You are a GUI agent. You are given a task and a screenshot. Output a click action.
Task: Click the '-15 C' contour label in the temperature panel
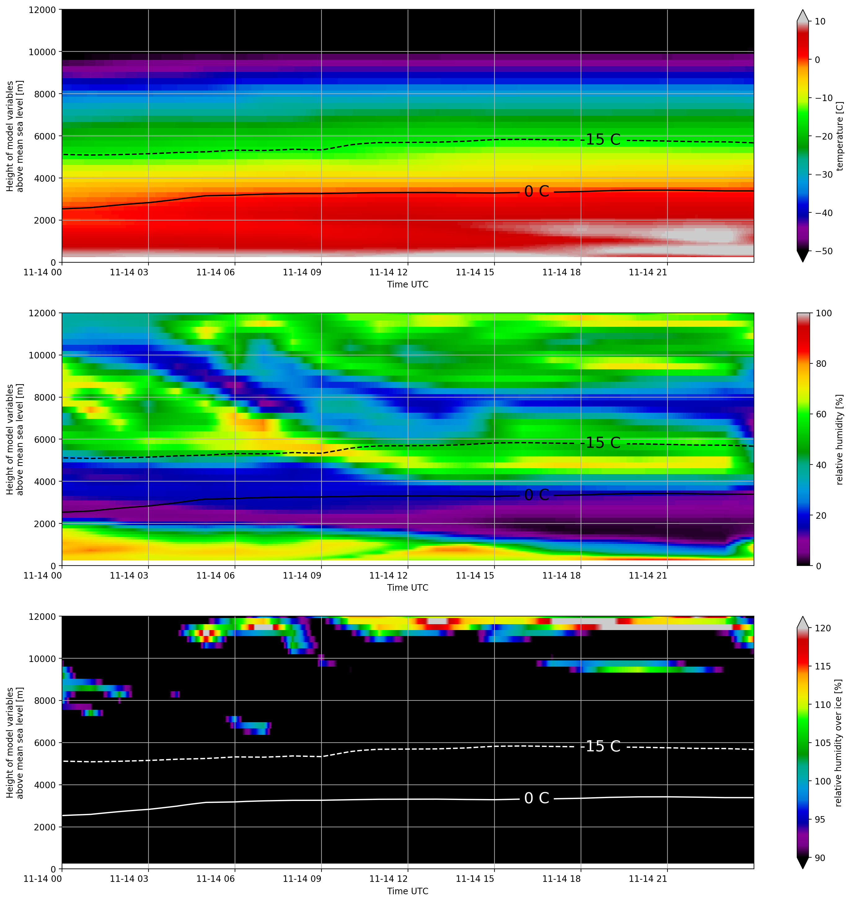coord(603,139)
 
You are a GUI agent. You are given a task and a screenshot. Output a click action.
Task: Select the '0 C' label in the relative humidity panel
coord(537,495)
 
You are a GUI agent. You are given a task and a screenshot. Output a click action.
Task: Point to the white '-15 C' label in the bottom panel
coord(603,746)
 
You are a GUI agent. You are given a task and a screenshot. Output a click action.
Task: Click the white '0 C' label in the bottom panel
coord(537,798)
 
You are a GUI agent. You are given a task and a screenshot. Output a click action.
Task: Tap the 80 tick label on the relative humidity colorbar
coord(821,363)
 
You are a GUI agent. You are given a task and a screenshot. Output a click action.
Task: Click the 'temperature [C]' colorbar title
coord(840,136)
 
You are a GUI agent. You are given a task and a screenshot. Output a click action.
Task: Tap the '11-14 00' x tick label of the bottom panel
coord(43,879)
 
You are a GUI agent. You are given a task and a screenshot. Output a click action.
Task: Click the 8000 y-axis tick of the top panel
coord(45,94)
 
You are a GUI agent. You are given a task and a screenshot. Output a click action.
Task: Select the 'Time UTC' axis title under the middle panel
coord(407,588)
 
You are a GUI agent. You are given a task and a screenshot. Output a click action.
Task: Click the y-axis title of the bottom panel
coord(15,743)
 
